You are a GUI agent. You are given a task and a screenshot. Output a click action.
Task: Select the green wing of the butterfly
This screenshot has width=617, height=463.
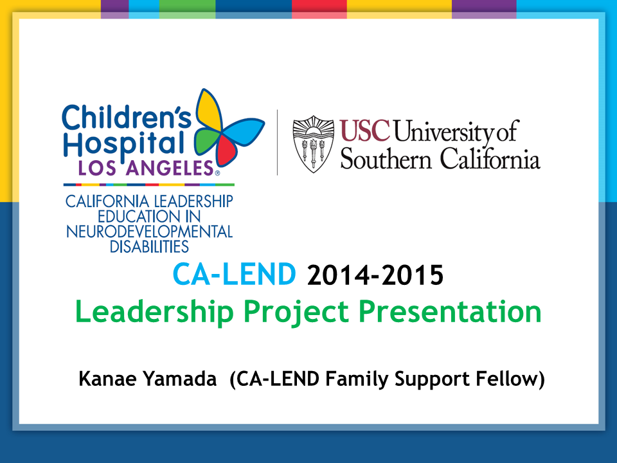click(206, 141)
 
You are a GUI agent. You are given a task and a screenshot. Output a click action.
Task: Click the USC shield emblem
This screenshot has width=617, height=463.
click(314, 144)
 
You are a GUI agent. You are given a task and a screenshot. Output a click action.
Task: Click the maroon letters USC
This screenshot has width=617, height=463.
click(365, 131)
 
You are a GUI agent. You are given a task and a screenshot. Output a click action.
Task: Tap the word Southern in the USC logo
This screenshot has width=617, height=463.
click(386, 159)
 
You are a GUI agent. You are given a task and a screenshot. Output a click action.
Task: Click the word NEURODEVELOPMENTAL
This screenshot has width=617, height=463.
click(150, 232)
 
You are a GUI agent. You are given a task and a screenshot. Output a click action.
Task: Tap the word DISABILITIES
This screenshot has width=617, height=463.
click(149, 247)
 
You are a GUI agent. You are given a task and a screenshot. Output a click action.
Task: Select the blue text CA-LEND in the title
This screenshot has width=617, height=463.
click(235, 275)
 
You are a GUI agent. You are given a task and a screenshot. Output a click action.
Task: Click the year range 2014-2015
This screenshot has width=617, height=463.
click(375, 275)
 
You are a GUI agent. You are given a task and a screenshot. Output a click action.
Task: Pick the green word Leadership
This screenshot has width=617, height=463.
click(154, 312)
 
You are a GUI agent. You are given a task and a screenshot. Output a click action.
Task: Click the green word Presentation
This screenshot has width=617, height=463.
click(450, 311)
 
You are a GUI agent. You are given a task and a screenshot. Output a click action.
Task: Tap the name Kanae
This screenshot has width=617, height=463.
click(108, 379)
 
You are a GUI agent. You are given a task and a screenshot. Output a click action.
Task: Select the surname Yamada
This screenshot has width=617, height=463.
click(180, 379)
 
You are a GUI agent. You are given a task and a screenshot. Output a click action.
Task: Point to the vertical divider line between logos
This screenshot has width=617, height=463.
click(278, 143)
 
